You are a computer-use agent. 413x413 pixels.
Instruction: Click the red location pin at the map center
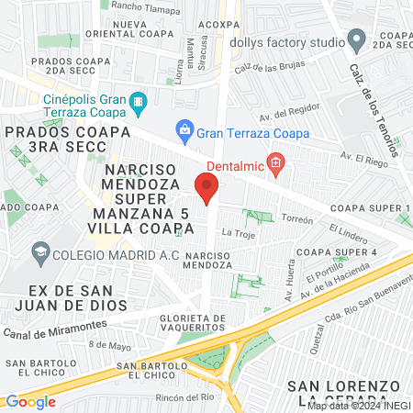pyautogui.click(x=206, y=189)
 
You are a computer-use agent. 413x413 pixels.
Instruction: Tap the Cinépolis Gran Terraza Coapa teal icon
pyautogui.click(x=138, y=100)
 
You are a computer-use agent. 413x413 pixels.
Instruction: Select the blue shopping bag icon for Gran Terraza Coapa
pyautogui.click(x=184, y=129)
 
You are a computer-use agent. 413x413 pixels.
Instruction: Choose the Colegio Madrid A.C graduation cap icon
pyautogui.click(x=39, y=251)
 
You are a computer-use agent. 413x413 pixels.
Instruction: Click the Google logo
pyautogui.click(x=29, y=401)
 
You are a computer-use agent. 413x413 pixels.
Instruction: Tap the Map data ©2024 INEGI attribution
pyautogui.click(x=358, y=405)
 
